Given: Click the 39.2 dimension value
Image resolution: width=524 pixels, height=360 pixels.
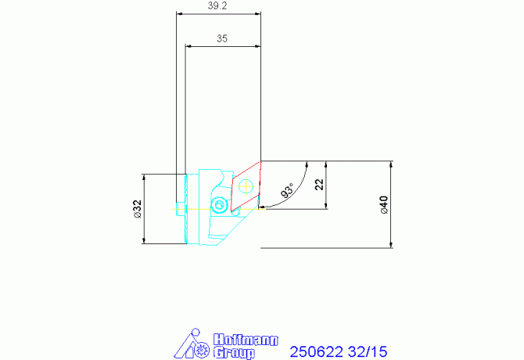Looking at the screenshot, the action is tap(217, 5).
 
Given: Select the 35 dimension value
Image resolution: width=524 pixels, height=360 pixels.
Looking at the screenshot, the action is tap(222, 38).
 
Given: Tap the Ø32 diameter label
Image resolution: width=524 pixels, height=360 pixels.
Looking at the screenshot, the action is tap(138, 209).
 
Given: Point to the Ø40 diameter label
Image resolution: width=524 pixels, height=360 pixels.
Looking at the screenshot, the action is tap(384, 204).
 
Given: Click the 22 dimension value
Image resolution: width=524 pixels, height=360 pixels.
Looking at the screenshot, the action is tap(319, 184).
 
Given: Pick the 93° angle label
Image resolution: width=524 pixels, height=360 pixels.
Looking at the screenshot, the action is tap(287, 190).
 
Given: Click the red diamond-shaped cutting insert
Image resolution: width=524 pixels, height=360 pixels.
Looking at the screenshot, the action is tap(246, 186).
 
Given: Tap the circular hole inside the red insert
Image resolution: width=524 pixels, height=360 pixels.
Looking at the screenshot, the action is tap(246, 186).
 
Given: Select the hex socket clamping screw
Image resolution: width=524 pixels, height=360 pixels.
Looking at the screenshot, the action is tap(219, 204).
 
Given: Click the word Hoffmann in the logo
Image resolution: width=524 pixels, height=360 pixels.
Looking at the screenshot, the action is tap(246, 340).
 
